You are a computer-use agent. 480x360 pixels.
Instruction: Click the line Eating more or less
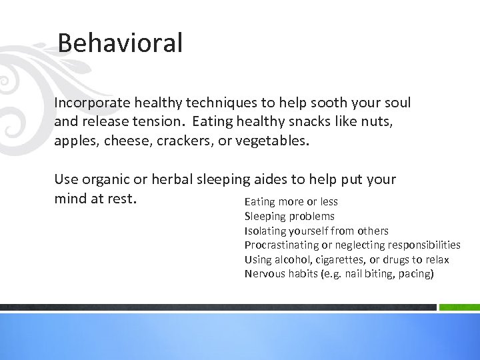[x=291, y=201]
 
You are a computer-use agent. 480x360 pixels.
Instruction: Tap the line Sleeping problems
[x=289, y=216]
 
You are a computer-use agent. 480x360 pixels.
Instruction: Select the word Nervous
[x=263, y=274]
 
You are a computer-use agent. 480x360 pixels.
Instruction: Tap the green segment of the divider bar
[x=459, y=307]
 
